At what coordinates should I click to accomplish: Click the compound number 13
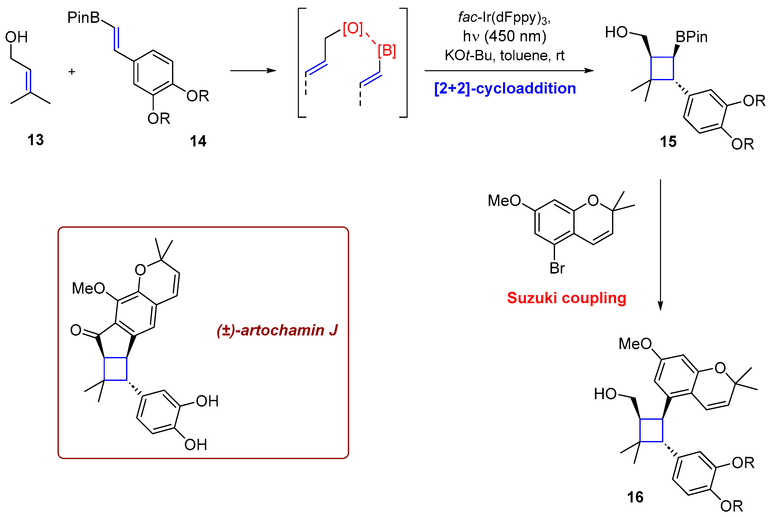(x=35, y=140)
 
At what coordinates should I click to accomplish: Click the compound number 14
(x=198, y=141)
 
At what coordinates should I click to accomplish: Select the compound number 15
(x=668, y=142)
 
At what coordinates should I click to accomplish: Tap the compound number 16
(x=635, y=497)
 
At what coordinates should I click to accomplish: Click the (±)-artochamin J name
(x=277, y=330)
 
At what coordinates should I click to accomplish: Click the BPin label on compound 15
(x=691, y=37)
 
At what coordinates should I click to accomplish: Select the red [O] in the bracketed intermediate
(x=353, y=28)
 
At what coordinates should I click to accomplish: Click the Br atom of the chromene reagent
(x=557, y=268)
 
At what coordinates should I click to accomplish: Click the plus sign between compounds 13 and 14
(x=72, y=71)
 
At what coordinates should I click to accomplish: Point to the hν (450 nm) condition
(x=504, y=36)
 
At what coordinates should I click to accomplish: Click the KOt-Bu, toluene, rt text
(x=504, y=55)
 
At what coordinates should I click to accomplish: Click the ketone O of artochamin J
(x=76, y=330)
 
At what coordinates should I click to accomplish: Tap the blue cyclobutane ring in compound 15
(x=662, y=68)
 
